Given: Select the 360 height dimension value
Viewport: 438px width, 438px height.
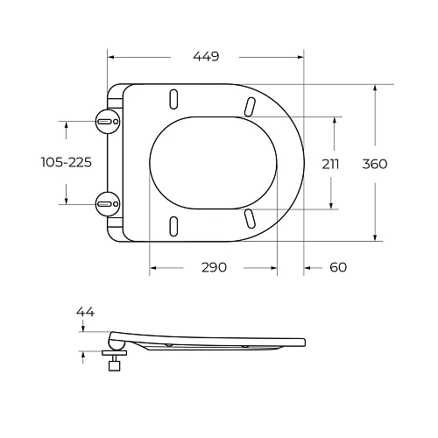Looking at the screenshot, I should [x=374, y=164].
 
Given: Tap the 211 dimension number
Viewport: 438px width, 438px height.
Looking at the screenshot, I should [x=330, y=164].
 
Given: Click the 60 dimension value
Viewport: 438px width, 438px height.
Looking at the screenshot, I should [x=339, y=267].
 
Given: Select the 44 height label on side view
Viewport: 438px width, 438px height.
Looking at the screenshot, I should [x=85, y=312].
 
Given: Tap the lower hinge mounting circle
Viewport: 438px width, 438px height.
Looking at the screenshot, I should [x=107, y=204].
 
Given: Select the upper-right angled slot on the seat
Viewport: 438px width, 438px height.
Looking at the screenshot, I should [x=251, y=106].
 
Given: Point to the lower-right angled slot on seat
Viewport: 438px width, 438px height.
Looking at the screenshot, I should [x=251, y=216].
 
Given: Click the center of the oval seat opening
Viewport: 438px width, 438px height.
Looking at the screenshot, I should [x=215, y=162].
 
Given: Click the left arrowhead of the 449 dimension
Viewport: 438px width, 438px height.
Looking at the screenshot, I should [x=109, y=56].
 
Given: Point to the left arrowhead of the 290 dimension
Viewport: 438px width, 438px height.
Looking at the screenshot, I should [x=152, y=267].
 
